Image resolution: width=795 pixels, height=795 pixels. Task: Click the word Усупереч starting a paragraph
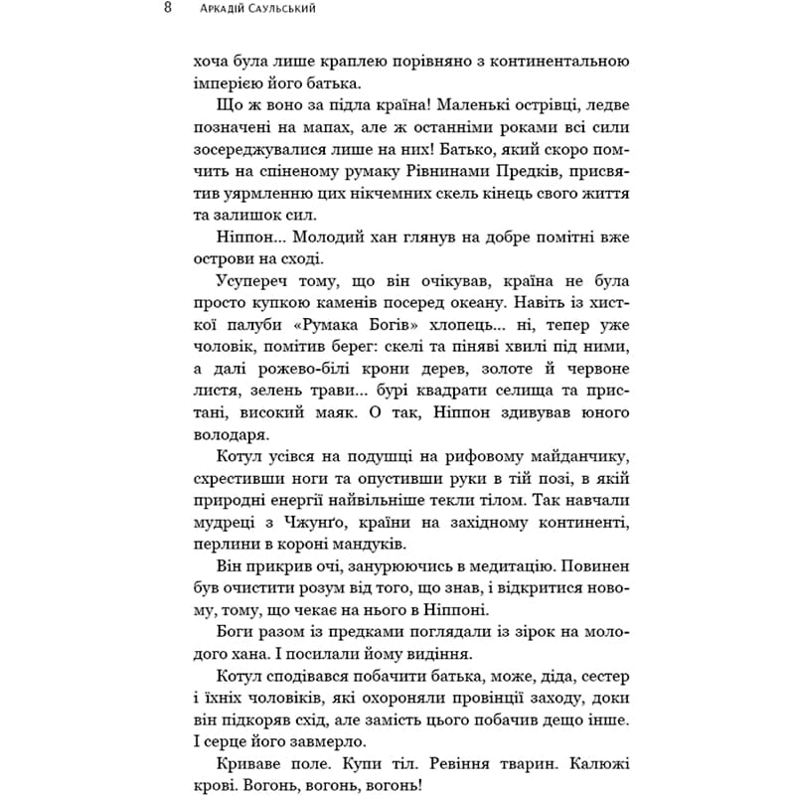[249, 297]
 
